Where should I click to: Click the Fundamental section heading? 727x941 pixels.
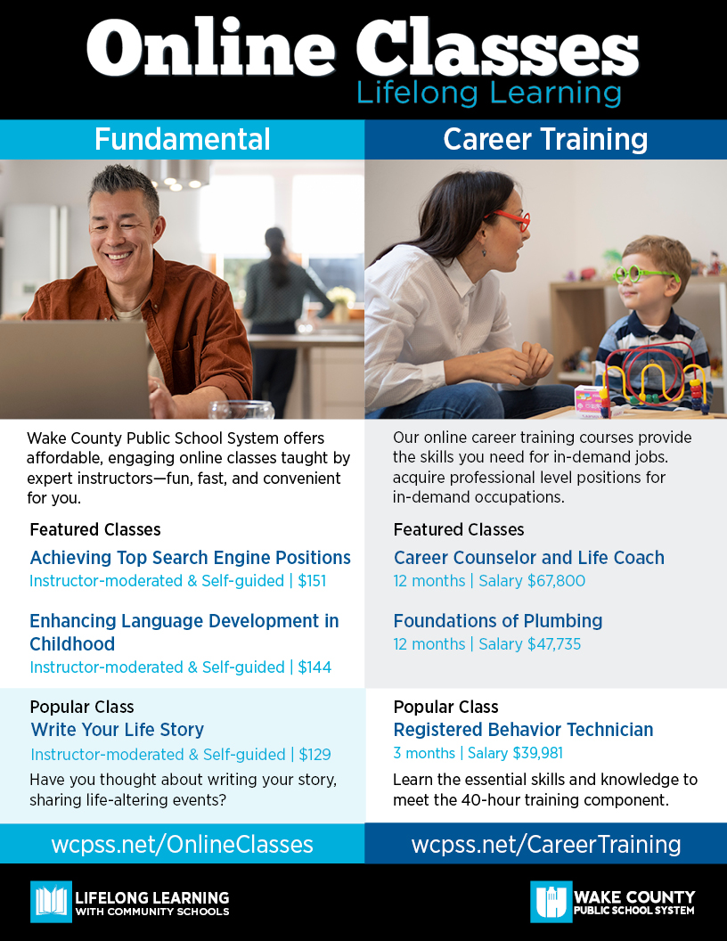(x=183, y=139)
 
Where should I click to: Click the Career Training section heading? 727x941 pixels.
(x=545, y=139)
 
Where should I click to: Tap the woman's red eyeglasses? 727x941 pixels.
(x=511, y=218)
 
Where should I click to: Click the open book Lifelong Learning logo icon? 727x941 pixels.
(x=51, y=902)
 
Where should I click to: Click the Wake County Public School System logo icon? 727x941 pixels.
(x=551, y=902)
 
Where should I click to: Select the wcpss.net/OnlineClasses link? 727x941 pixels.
(x=183, y=844)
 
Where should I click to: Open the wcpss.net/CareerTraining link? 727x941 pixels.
(x=546, y=844)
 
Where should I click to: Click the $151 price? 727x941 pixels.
(x=312, y=581)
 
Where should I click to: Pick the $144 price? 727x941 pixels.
(x=314, y=667)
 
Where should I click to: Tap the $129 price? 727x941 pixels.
(x=314, y=755)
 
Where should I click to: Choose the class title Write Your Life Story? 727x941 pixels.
(x=118, y=730)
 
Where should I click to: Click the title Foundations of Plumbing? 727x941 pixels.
(x=498, y=621)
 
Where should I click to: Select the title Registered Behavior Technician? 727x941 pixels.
(x=523, y=730)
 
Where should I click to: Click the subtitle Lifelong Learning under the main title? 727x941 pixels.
(x=489, y=93)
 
